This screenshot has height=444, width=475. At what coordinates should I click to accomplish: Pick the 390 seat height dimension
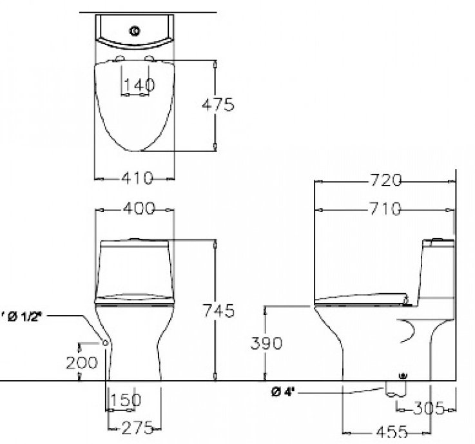tap(266, 343)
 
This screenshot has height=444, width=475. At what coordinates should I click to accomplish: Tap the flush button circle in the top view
tap(135, 30)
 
